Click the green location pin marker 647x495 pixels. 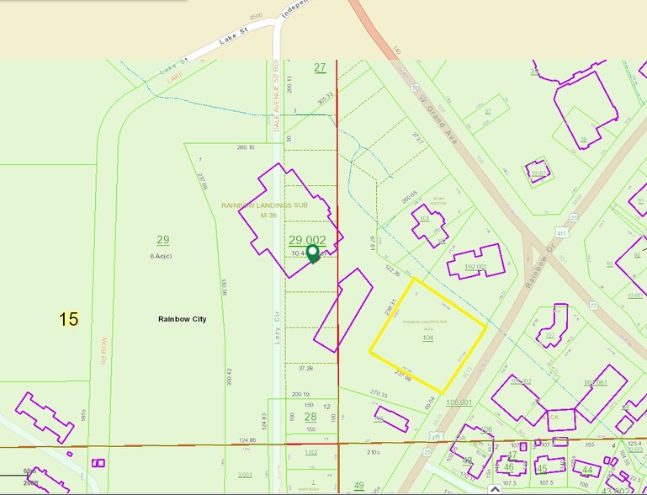[313, 253]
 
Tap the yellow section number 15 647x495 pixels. [68, 319]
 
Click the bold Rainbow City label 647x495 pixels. [182, 320]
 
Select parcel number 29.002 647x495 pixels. [307, 240]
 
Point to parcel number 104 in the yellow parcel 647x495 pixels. [427, 338]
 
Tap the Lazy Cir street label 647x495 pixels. [276, 324]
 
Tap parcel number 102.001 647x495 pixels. [476, 268]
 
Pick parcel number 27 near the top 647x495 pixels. [320, 67]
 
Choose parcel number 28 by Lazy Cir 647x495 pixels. [310, 417]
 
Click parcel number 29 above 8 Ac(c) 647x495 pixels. [163, 240]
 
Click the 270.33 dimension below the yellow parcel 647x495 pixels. [379, 394]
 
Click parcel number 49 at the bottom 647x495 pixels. [358, 485]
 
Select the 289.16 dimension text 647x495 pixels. [246, 147]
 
